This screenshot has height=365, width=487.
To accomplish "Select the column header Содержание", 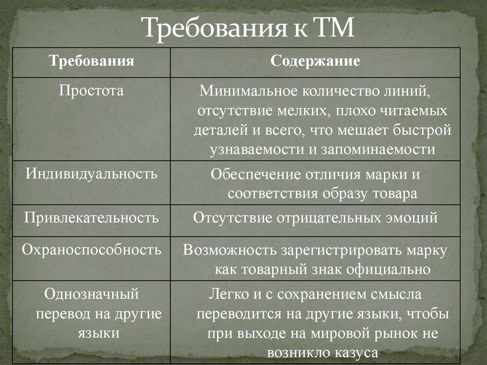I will point(315,62).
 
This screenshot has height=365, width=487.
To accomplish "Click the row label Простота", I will point(91,90).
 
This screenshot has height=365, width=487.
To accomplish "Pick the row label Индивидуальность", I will point(91,173).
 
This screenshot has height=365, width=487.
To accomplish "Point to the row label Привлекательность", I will point(91,218).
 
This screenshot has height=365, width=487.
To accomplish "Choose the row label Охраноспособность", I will point(91,249).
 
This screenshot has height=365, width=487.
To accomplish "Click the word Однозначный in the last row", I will point(91,294).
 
